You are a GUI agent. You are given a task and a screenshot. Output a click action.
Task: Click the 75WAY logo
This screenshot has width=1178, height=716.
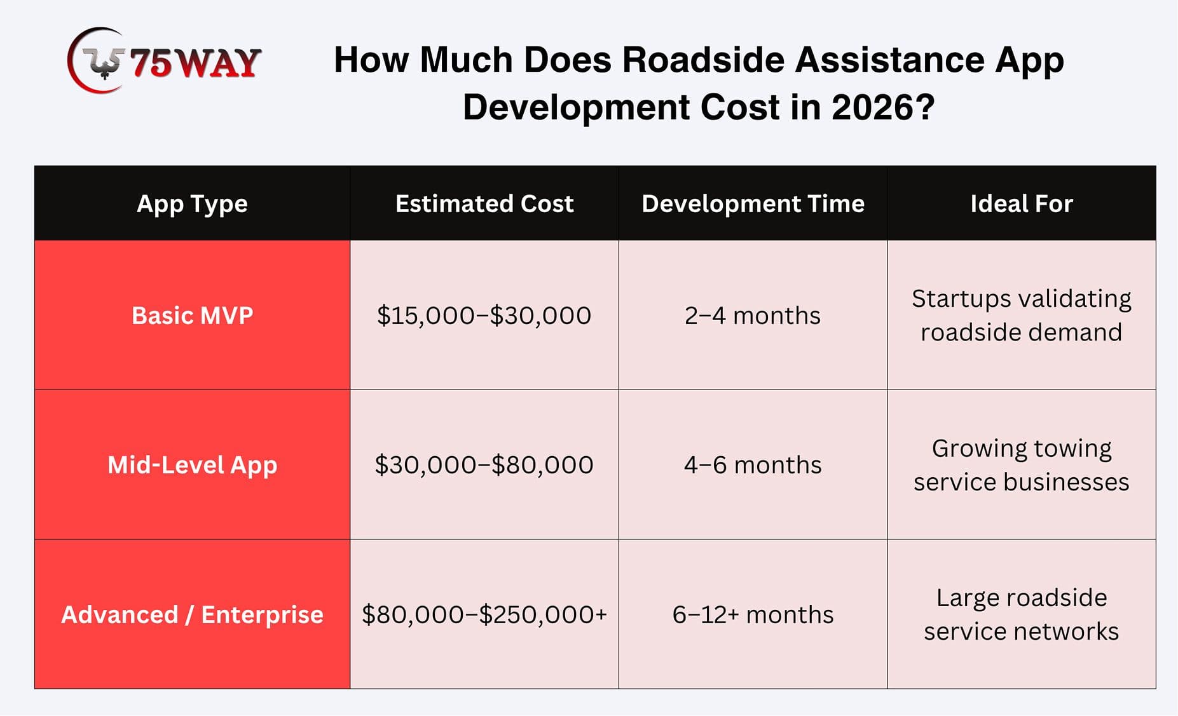[x=164, y=61]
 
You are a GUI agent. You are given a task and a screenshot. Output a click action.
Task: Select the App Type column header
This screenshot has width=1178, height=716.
[x=192, y=204]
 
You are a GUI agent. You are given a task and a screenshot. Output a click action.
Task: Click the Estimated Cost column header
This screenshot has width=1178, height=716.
[x=484, y=203]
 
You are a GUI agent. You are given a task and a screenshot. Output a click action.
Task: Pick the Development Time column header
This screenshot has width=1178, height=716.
[x=753, y=204]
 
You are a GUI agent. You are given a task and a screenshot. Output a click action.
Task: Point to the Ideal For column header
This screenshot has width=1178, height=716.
[x=1022, y=203]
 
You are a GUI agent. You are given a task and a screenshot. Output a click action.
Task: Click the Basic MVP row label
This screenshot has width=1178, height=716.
[x=192, y=315]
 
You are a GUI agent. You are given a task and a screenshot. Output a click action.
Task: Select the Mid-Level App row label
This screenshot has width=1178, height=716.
[x=192, y=465]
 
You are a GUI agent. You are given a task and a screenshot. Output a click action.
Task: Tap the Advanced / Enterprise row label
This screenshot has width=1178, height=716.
[x=192, y=614]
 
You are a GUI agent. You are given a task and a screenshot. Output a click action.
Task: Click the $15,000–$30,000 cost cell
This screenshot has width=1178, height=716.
[x=484, y=316]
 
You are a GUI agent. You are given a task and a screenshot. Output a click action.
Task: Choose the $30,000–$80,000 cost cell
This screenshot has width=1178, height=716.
[x=484, y=465]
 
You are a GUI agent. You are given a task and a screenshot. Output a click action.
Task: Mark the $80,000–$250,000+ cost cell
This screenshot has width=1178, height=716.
[x=484, y=614]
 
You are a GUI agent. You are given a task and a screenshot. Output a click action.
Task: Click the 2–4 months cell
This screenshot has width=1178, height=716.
[x=753, y=315]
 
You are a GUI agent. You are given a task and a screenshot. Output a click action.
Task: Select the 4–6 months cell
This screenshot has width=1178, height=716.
[x=753, y=465]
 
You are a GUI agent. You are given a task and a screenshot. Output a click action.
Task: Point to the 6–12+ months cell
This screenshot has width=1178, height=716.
[x=753, y=614]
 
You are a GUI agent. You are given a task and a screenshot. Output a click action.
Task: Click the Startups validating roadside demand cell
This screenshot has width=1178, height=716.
[x=1022, y=315]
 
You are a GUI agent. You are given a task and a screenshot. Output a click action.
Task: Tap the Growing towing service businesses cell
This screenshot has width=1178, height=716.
[x=1022, y=464]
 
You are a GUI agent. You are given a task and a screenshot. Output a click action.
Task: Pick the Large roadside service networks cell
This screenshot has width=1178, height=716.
[x=1022, y=614]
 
